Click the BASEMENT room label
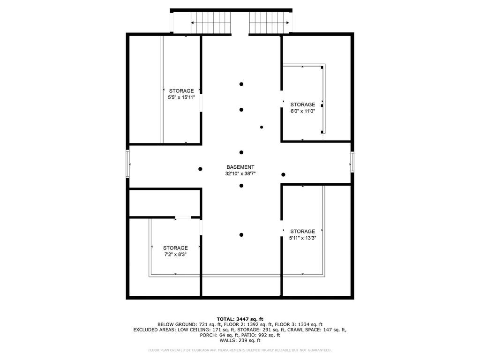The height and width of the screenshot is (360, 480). tap(240, 167)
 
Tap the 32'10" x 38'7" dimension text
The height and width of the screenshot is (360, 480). tap(240, 173)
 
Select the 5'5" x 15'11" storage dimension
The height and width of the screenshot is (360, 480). tap(181, 97)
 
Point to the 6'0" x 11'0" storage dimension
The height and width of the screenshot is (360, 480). tap(303, 111)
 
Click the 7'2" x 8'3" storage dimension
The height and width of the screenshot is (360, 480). tap(175, 255)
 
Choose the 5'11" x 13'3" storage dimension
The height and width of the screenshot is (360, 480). tap(303, 238)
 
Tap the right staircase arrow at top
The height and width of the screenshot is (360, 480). tap(269, 22)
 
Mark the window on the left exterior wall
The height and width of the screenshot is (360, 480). tap(128, 164)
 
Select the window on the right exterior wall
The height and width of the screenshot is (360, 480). tap(352, 162)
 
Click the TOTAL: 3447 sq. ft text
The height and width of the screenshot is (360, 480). tap(240, 319)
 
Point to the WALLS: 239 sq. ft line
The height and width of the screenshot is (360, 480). tap(240, 340)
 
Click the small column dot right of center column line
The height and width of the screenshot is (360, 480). tap(262, 127)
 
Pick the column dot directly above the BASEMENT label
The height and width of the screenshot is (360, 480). tap(241, 152)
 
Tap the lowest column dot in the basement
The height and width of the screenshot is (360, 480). tap(241, 235)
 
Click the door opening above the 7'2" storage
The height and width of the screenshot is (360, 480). tap(183, 217)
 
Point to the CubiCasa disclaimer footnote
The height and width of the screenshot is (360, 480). tap(240, 350)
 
